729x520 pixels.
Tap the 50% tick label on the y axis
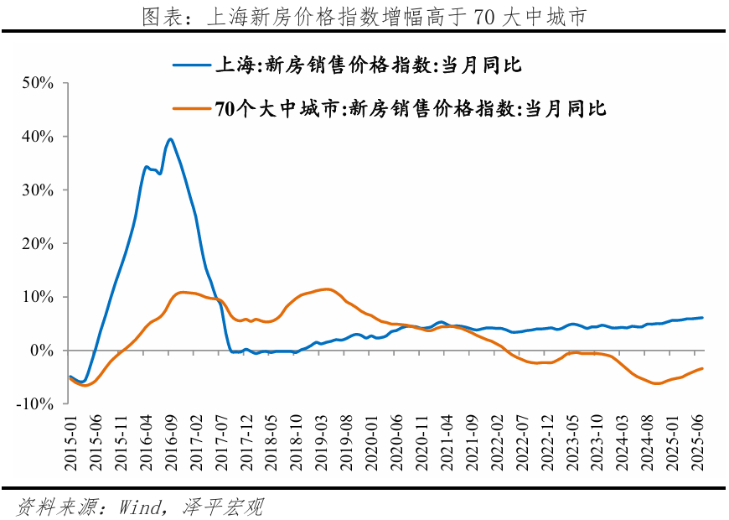point(39,83)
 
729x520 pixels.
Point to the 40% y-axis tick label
point(39,137)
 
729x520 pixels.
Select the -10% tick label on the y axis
point(36,403)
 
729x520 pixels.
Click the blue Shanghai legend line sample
point(192,64)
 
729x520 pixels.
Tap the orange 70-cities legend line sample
point(192,108)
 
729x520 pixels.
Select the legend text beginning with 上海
point(369,64)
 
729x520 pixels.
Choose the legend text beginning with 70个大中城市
point(411,108)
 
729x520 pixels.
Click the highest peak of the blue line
point(170,139)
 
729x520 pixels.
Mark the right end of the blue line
point(702,318)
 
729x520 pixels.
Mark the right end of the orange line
point(702,368)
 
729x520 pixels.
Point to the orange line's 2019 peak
point(328,289)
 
